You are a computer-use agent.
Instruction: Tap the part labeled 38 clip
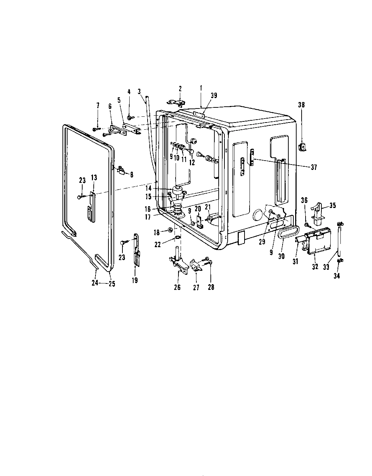(302, 147)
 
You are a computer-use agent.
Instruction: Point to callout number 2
(180, 88)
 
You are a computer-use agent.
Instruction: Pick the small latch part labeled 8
(122, 171)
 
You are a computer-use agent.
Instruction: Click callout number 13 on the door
(94, 177)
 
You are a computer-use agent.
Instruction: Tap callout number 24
(94, 283)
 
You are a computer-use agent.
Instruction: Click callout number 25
(112, 283)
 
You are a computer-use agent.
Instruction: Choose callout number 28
(211, 287)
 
